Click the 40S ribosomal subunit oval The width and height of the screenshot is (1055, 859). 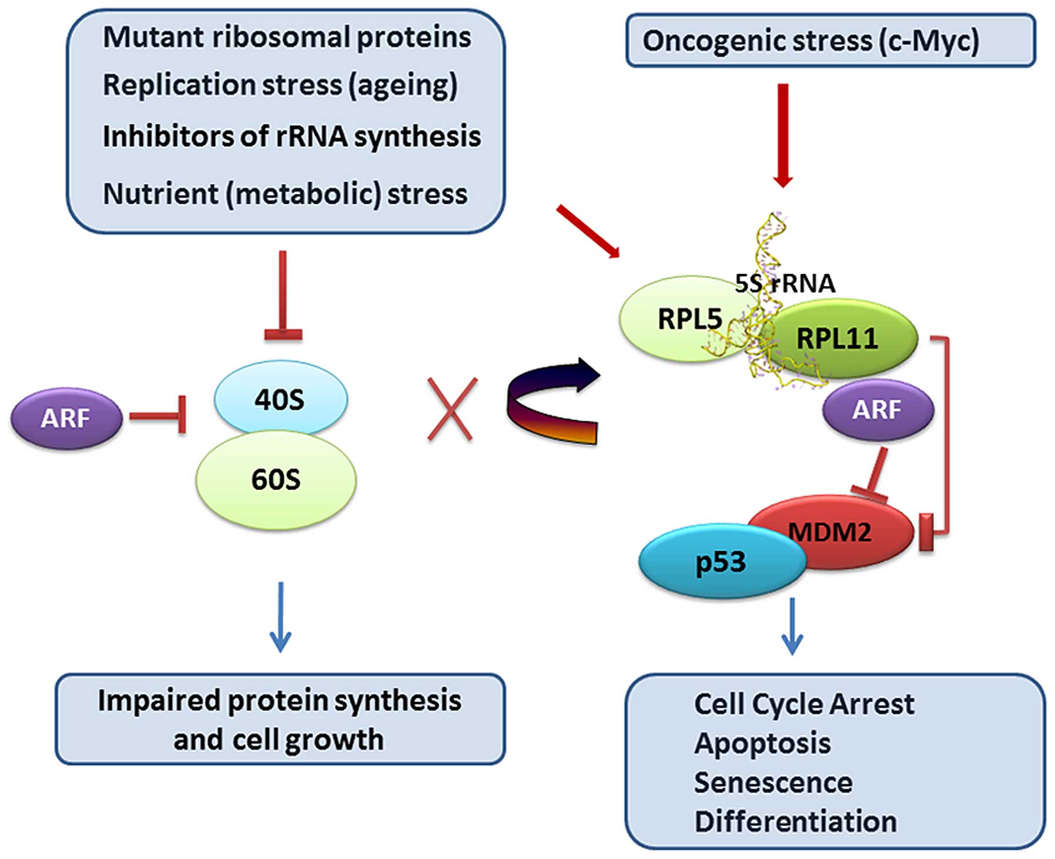tap(280, 398)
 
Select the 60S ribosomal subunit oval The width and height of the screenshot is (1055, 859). tap(276, 479)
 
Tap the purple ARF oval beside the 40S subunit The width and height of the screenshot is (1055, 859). tap(66, 418)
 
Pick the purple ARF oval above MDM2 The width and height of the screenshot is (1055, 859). tap(878, 410)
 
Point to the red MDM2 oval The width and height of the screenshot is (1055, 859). tap(830, 532)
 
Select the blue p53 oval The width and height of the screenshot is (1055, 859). tap(722, 561)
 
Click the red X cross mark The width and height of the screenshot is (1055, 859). tap(452, 409)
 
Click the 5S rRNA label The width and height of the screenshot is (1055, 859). tap(785, 283)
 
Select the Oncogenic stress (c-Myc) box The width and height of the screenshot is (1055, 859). tap(830, 40)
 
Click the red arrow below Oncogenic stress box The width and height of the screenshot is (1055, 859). tap(783, 135)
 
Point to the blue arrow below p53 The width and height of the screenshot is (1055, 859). tap(792, 626)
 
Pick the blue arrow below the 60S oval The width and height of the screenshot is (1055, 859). tap(280, 617)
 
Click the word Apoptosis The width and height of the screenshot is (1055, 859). tap(762, 744)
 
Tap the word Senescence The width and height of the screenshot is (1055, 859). tap(773, 783)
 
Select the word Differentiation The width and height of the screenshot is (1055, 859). tap(796, 821)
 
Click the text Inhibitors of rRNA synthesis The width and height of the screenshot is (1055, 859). tap(292, 137)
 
